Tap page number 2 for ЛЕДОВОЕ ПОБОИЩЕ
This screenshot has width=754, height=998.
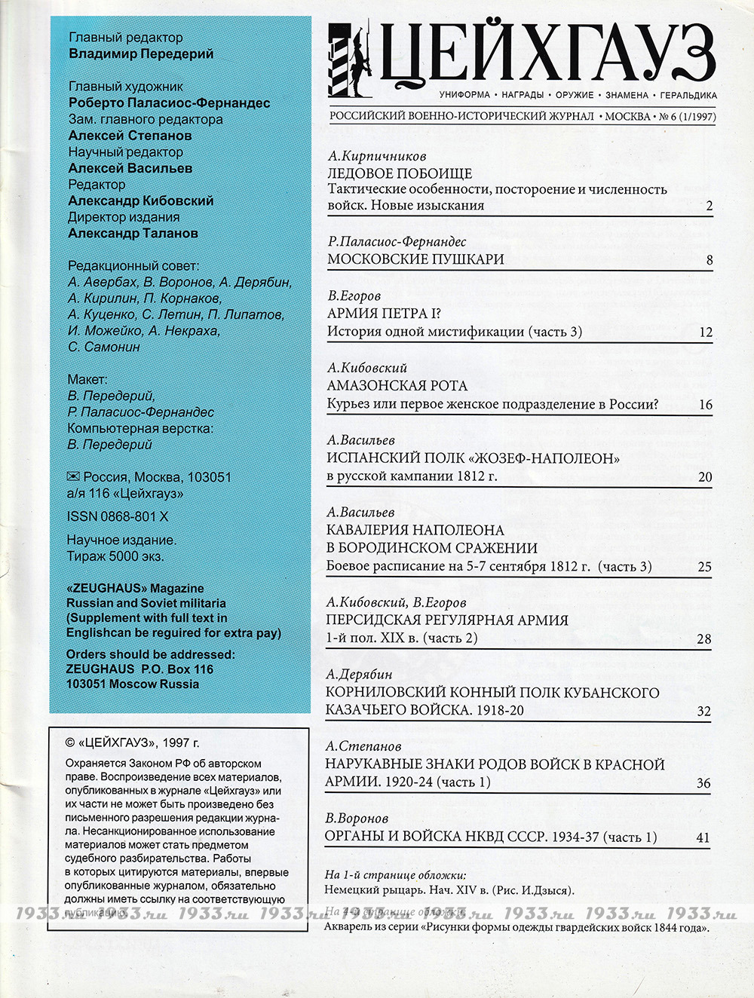coord(710,206)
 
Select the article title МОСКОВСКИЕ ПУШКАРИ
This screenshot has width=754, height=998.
coord(415,259)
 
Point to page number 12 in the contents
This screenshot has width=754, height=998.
coord(705,332)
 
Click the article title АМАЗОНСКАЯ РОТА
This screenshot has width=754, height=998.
coord(397,386)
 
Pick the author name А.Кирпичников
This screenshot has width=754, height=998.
coord(377,156)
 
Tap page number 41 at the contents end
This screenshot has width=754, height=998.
coord(703,837)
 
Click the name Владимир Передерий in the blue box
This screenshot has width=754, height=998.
coord(141,54)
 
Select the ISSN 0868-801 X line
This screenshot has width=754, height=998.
coord(118,516)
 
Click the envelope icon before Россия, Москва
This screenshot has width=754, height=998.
coord(73,476)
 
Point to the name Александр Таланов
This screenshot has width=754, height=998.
coord(133,234)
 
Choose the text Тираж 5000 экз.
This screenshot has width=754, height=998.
coord(115,556)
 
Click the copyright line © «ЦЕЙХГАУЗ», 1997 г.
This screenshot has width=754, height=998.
coord(133,742)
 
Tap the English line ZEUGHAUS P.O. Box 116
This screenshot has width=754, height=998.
coord(139,669)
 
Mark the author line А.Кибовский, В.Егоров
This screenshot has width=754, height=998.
coord(396,602)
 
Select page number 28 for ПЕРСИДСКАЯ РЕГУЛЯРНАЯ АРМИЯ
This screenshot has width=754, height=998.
coord(703,639)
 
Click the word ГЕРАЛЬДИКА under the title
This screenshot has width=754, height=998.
coord(688,96)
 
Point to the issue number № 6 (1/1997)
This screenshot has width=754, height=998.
coord(687,117)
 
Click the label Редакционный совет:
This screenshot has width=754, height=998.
coord(133,266)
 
